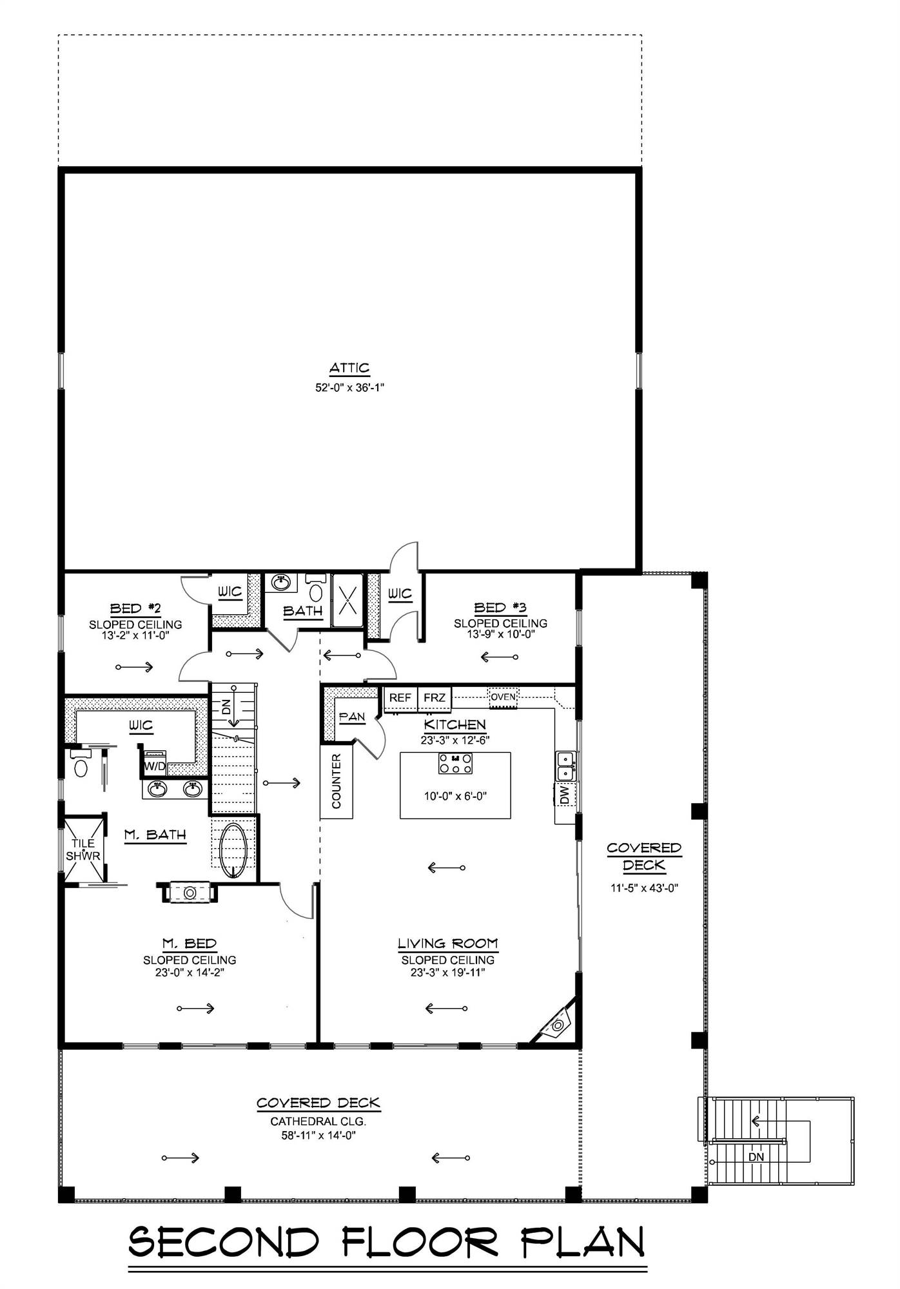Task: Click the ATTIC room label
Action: (349, 368)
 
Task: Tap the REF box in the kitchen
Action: (400, 698)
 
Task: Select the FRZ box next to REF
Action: (435, 698)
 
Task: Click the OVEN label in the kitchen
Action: (503, 697)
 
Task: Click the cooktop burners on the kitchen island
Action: (455, 763)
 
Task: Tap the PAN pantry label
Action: (352, 717)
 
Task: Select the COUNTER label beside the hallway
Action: (337, 781)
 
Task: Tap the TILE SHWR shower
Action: (83, 849)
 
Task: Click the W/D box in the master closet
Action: (154, 766)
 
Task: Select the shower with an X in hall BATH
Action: (347, 600)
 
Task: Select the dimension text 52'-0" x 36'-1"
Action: (349, 388)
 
